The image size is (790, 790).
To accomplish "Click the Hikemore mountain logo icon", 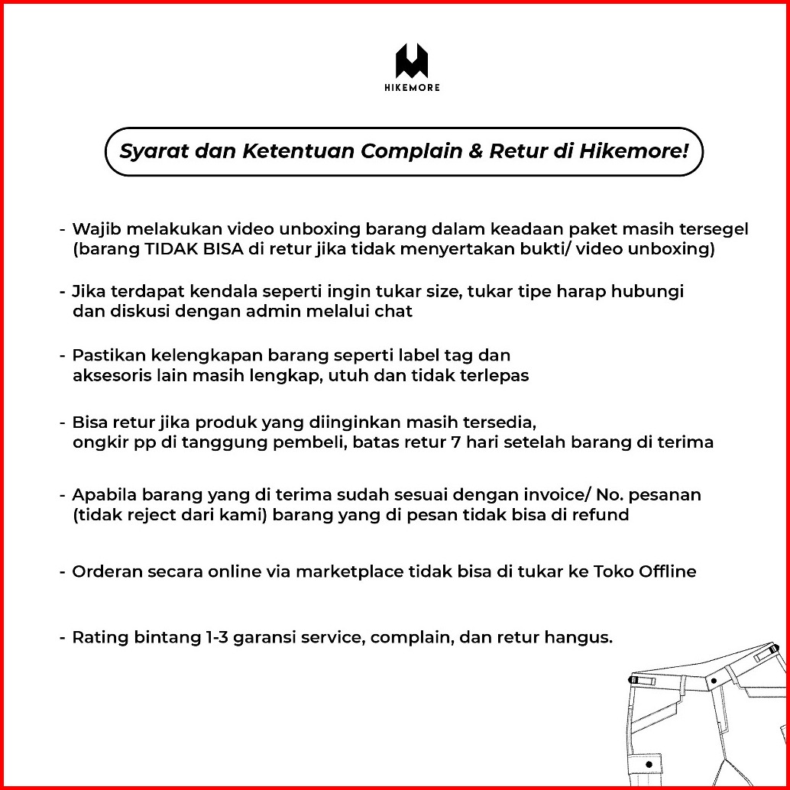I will point(411,60).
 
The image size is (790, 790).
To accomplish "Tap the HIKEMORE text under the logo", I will point(411,87).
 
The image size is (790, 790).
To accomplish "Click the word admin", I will point(270,311).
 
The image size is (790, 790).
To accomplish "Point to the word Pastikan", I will point(103,355).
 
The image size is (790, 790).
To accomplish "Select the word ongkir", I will point(96,442).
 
